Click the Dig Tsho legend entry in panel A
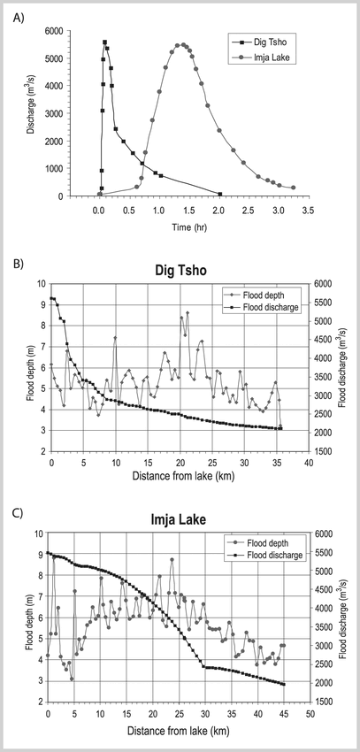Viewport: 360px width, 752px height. coord(261,43)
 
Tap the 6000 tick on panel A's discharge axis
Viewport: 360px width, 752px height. coord(55,31)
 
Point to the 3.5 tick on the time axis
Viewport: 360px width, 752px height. coord(308,210)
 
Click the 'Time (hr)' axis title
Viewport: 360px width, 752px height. coord(189,226)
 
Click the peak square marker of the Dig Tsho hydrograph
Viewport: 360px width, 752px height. coord(104,42)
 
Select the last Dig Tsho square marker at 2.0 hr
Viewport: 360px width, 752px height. coord(220,194)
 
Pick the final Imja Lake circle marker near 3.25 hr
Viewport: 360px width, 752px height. coord(294,188)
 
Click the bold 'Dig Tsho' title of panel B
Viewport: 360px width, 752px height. coord(180,271)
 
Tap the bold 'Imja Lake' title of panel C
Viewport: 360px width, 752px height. coord(180,519)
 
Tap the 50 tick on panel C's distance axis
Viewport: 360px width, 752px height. coord(310,713)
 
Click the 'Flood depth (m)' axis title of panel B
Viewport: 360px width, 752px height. coord(30,367)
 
